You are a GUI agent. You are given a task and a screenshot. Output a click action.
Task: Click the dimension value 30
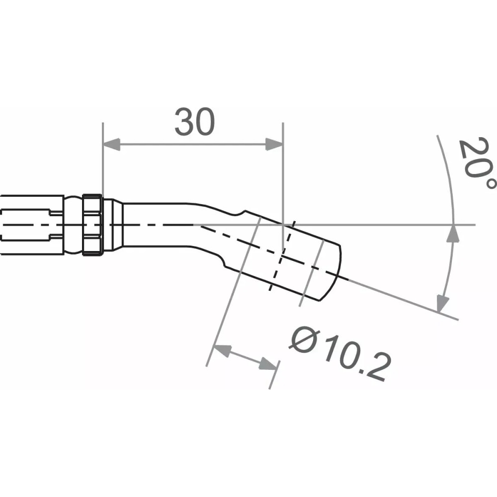pyautogui.click(x=195, y=122)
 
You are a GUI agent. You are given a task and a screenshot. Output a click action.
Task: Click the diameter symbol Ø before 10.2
pyautogui.click(x=304, y=338)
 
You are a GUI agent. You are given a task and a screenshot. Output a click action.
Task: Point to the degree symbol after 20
pyautogui.click(x=490, y=183)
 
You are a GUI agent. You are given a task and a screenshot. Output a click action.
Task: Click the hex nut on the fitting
pyautogui.click(x=93, y=225)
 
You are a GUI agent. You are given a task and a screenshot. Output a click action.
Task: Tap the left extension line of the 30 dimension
pyautogui.click(x=102, y=159)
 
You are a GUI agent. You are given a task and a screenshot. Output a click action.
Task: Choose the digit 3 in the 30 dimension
pyautogui.click(x=184, y=122)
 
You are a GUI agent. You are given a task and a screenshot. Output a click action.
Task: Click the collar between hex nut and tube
pyautogui.click(x=113, y=225)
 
